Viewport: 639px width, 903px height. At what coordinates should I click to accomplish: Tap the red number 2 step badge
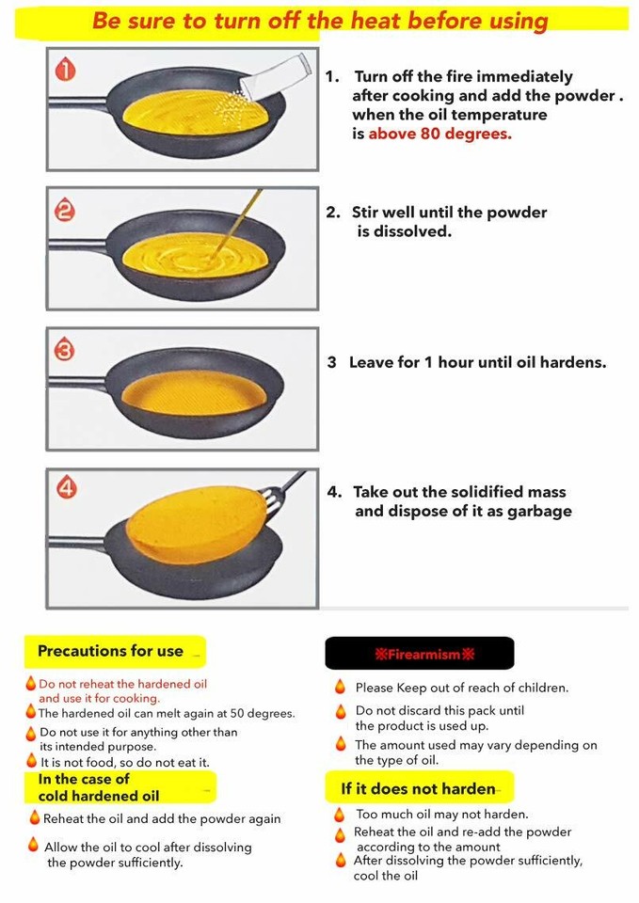click(x=64, y=211)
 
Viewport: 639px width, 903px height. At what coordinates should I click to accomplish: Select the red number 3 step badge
click(x=64, y=351)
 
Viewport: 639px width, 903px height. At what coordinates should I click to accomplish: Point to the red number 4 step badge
click(x=66, y=488)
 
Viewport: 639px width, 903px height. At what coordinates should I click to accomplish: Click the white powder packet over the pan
click(x=274, y=74)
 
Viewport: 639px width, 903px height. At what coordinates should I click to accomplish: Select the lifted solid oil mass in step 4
click(x=198, y=520)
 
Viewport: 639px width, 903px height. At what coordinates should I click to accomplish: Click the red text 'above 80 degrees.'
click(x=439, y=134)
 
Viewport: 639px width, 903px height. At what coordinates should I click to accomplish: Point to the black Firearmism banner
click(x=420, y=653)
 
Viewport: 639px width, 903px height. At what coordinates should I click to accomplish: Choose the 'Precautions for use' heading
click(x=110, y=651)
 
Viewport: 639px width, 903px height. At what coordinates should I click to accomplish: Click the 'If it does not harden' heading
click(x=418, y=788)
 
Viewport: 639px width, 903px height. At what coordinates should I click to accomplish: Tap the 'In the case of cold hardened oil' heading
click(x=99, y=787)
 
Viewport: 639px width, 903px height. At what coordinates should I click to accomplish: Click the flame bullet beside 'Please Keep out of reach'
click(x=340, y=688)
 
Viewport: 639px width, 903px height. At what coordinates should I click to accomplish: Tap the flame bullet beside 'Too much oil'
click(x=340, y=815)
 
